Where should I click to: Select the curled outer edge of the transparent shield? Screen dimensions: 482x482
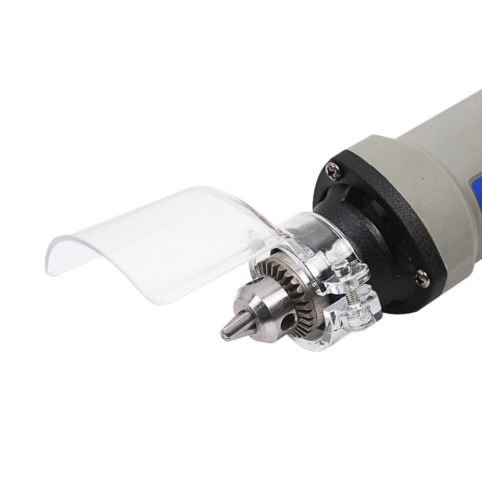52,253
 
